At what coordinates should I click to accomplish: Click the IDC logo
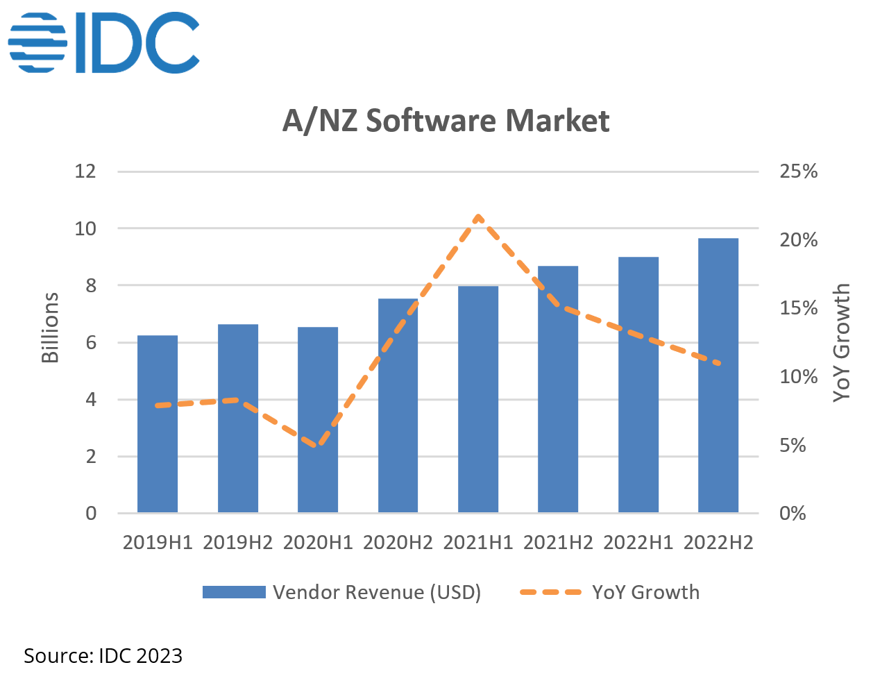103,42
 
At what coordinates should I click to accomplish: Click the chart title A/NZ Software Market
446,120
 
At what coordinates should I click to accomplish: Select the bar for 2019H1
158,423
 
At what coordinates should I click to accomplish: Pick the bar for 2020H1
318,420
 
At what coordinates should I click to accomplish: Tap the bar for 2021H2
558,389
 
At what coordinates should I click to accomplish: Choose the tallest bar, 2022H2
718,376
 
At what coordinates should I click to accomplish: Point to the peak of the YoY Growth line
478,217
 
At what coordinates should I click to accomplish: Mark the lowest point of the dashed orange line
318,444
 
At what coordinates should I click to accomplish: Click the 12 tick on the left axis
85,171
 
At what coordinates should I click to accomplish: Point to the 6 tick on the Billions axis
91,343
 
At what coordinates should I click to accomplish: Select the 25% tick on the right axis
798,171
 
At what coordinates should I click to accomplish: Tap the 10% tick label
798,377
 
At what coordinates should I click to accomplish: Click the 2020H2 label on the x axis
398,543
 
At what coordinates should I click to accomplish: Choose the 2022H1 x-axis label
638,543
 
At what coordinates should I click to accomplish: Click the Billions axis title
50,327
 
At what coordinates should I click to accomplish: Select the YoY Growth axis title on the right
841,342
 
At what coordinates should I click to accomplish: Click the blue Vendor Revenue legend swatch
234,592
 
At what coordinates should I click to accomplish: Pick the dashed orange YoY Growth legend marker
551,592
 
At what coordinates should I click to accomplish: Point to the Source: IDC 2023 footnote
103,655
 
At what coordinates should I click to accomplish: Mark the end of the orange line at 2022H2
719,363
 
